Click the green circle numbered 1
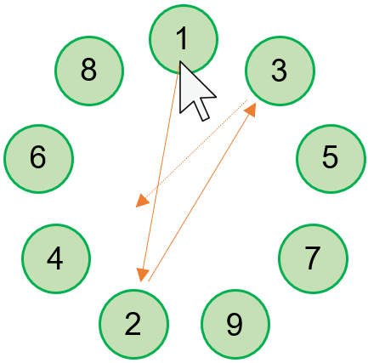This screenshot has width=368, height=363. [184, 39]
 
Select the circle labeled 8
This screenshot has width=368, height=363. [89, 71]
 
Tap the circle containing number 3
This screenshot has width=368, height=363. [280, 71]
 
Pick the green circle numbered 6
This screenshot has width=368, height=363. [38, 159]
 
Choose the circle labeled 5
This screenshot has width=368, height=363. [331, 159]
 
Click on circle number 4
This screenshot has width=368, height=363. [56, 258]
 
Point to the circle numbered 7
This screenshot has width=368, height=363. [313, 258]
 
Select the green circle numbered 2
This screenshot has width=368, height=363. [134, 324]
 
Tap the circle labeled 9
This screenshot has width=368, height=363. [235, 324]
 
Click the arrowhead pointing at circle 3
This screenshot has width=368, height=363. [252, 109]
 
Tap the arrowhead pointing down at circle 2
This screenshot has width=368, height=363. [143, 275]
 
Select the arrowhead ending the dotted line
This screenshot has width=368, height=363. [143, 200]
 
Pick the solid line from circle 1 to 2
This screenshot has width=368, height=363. [161, 168]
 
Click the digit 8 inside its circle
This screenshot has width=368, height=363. [89, 71]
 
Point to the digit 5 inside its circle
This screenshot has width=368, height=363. [331, 156]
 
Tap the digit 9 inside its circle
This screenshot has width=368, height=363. [235, 325]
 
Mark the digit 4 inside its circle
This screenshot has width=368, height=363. [55, 258]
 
